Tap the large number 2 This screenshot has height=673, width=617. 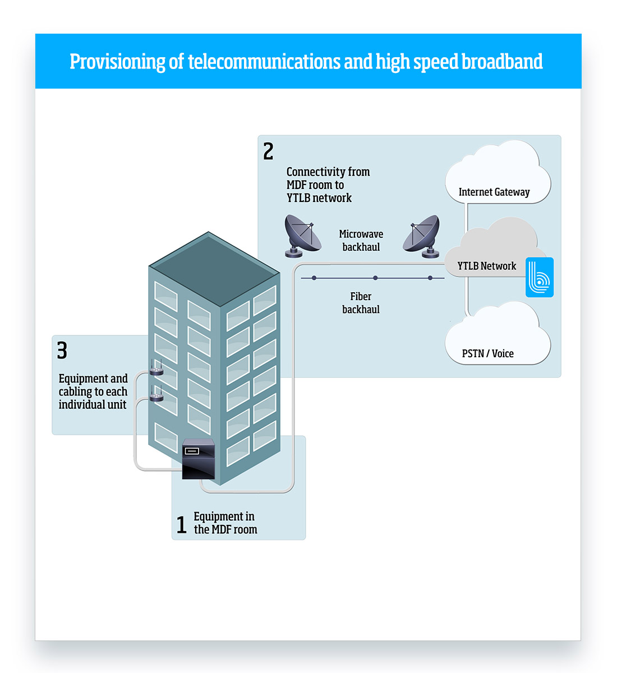268,151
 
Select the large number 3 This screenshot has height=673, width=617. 62,351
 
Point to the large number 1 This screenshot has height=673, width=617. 181,525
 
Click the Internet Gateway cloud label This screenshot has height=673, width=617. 494,192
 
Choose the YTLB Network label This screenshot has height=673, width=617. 486,266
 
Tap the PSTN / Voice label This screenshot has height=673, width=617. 487,353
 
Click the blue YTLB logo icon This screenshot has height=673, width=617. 540,277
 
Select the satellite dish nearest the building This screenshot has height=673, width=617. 302,236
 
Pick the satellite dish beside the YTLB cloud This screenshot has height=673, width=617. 422,236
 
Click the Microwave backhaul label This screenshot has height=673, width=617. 361,241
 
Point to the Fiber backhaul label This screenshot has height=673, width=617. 361,303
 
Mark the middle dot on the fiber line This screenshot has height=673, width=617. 375,278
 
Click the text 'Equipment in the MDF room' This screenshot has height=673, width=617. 225,523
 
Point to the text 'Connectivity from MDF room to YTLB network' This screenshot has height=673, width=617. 327,185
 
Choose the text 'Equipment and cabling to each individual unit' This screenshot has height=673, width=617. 93,391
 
